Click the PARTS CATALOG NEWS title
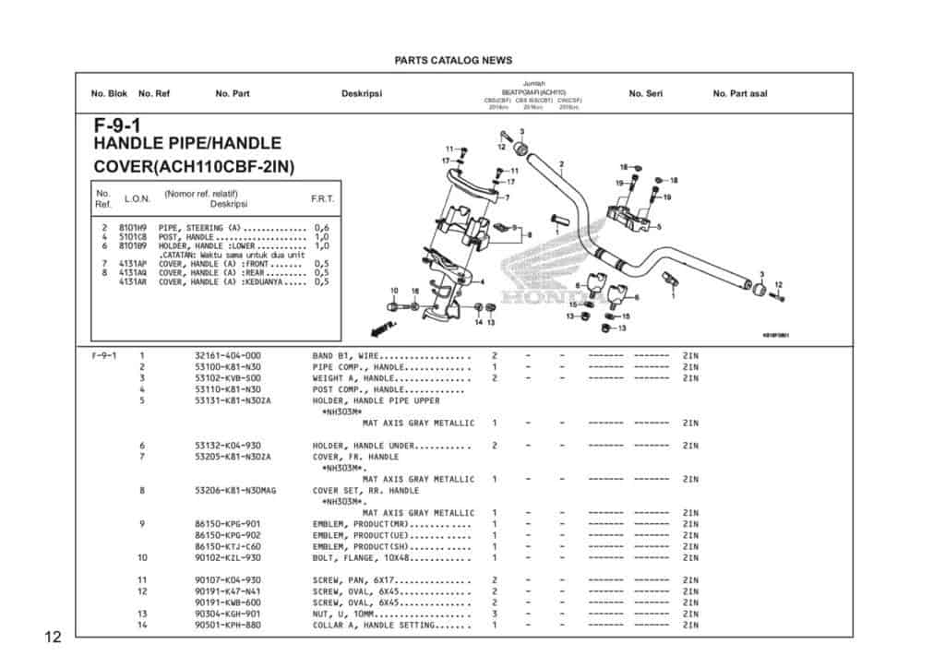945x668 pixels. [x=452, y=61]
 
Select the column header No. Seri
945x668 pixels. [x=645, y=94]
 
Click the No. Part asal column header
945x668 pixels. [x=739, y=94]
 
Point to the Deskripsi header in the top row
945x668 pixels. [x=362, y=94]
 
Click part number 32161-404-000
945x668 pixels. [x=228, y=356]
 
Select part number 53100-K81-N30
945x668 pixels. [x=228, y=367]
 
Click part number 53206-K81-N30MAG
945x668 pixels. [x=235, y=491]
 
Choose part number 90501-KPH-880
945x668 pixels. [x=228, y=625]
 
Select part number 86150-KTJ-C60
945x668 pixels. [x=228, y=546]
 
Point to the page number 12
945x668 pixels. [x=52, y=638]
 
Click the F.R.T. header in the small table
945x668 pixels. [x=323, y=199]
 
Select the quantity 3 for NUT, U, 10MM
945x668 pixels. [x=495, y=614]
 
